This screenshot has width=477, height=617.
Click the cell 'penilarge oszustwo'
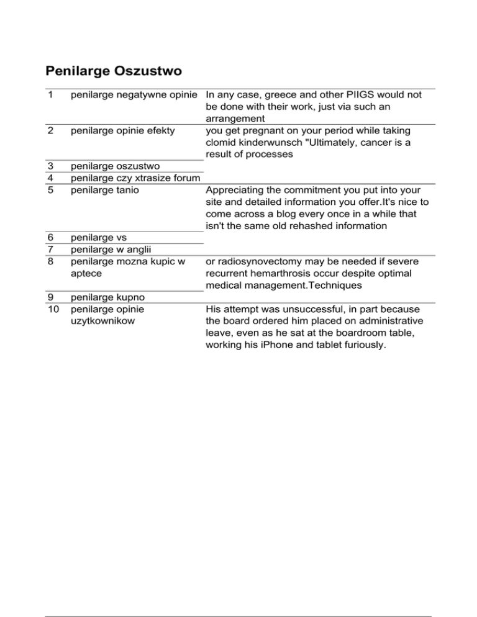tap(116, 166)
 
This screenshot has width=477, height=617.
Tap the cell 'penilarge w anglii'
tap(112, 249)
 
